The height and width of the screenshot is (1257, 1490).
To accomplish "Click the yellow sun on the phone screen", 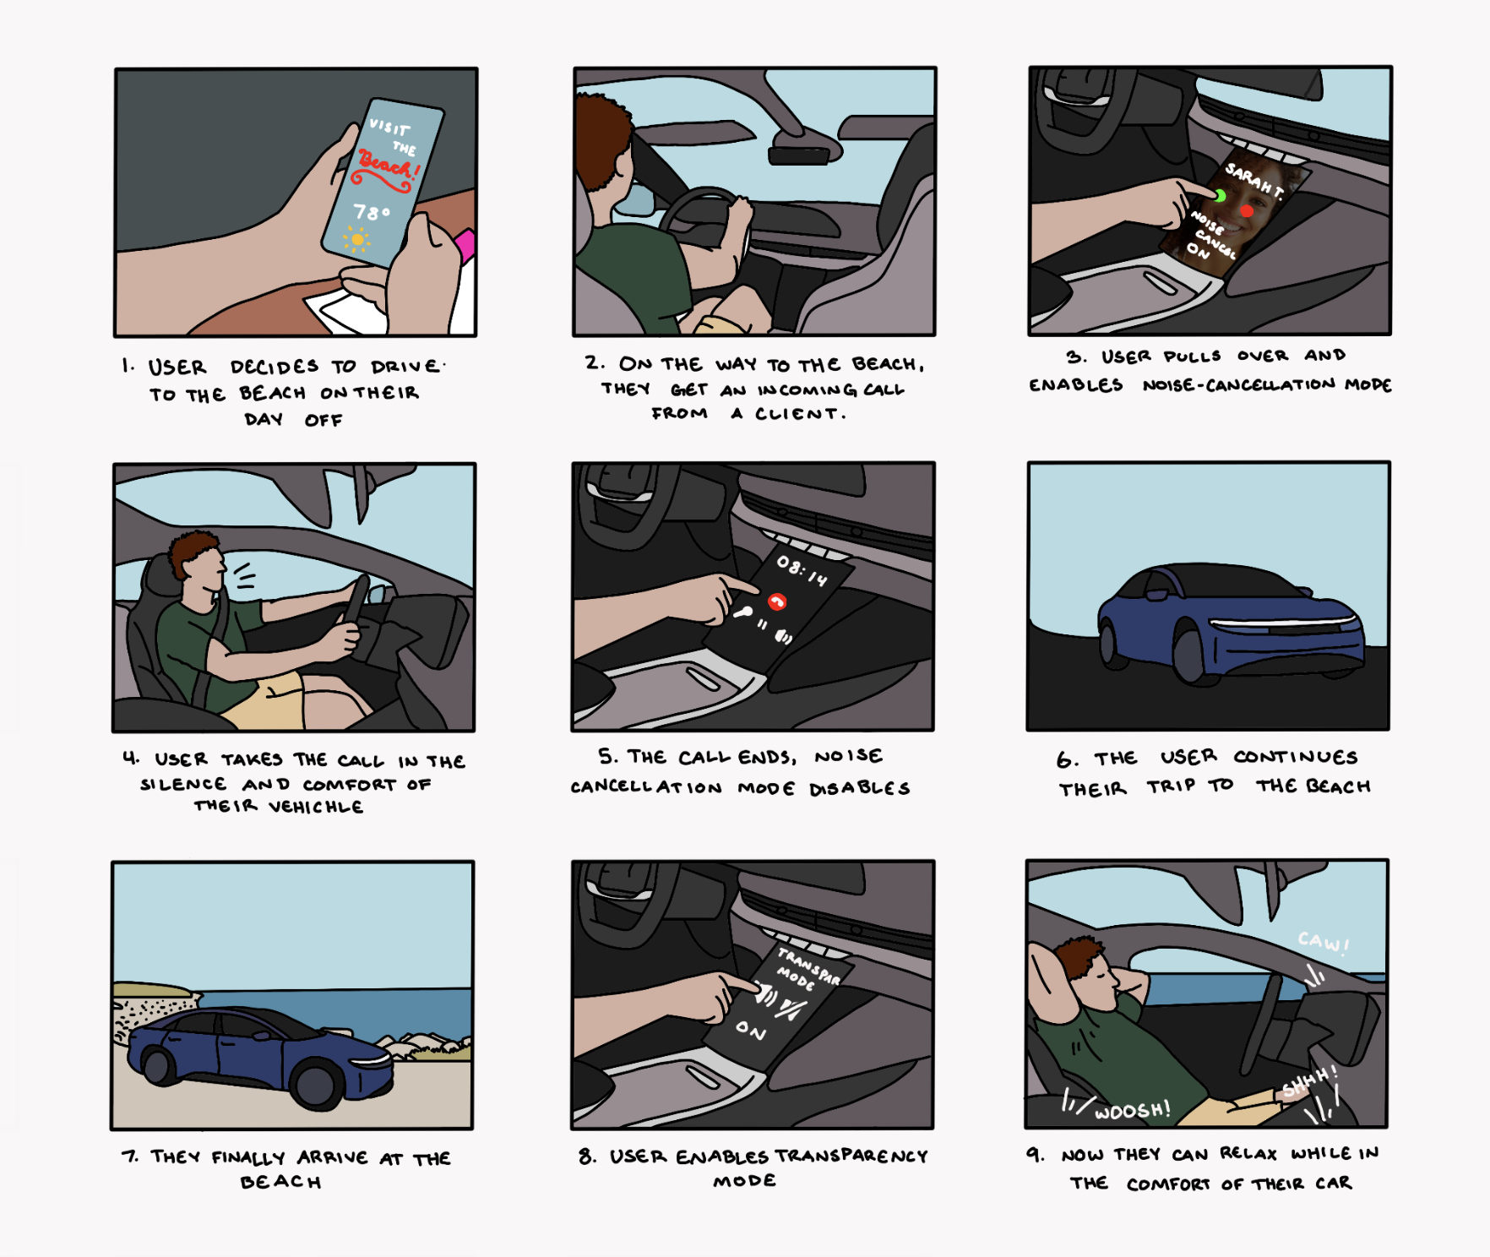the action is (x=358, y=240).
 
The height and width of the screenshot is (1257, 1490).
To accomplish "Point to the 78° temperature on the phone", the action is (x=372, y=211).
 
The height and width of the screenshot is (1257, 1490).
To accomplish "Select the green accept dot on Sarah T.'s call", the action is (x=1221, y=196).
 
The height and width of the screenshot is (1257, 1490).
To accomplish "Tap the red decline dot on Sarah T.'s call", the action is (x=1247, y=209).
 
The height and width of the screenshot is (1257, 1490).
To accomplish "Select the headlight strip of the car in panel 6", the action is (x=1284, y=624).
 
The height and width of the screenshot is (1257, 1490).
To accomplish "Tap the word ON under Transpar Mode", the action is (x=751, y=1030).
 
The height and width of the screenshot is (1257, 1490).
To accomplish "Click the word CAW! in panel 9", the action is (x=1324, y=943).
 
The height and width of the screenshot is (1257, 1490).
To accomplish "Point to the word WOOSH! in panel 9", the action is (x=1133, y=1110).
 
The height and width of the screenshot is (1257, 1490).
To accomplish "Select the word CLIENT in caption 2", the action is (x=796, y=414).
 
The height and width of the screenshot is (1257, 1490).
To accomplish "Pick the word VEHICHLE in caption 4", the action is (x=316, y=807).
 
